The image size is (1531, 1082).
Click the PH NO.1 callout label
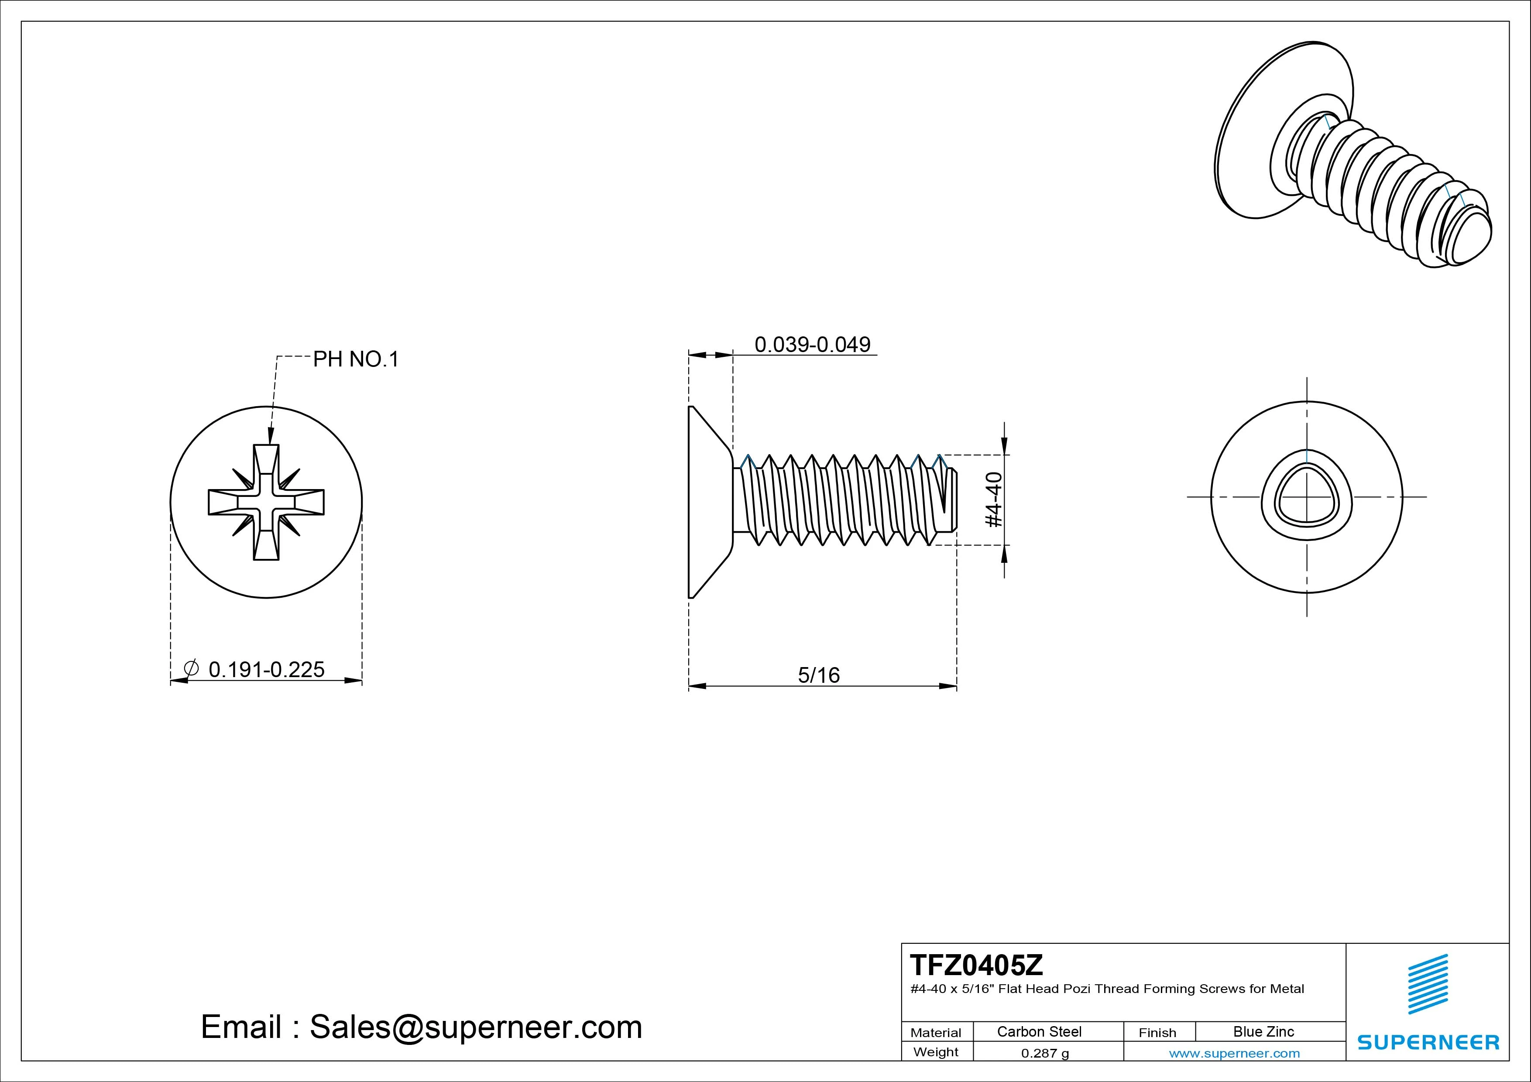point(355,360)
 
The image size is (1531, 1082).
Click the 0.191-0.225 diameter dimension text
point(266,669)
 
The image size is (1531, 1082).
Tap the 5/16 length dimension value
point(818,675)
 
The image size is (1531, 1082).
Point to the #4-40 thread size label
point(994,500)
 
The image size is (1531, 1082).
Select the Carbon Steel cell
point(1039,1031)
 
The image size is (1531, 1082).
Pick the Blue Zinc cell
point(1263,1031)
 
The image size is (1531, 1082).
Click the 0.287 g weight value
point(1045,1053)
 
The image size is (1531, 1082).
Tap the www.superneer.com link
point(1234,1053)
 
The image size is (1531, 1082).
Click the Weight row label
point(936,1052)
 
